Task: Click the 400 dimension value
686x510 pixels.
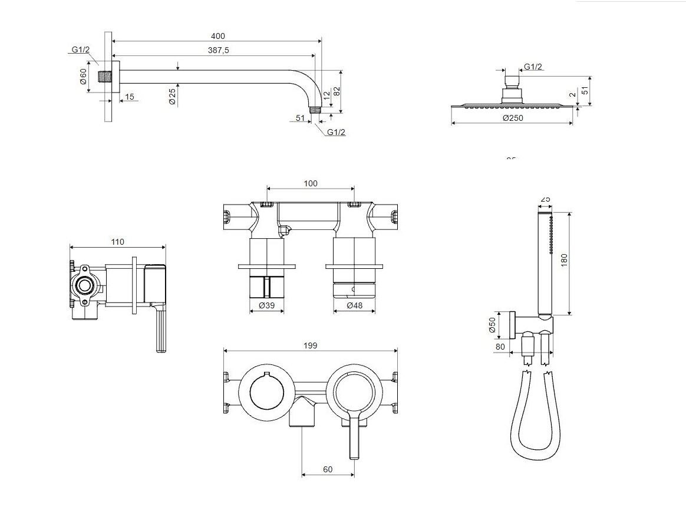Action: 217,37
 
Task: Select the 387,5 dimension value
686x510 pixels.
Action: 218,51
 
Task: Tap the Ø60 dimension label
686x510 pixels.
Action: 83,77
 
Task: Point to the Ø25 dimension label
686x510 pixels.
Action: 172,96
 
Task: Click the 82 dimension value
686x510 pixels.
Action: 337,91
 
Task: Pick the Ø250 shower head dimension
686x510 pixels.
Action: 513,118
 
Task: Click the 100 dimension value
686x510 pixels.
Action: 311,183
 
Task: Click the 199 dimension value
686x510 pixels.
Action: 311,346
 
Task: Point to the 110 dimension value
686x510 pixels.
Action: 117,242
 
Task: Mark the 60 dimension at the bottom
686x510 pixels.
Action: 328,469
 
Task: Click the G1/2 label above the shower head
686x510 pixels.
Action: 533,67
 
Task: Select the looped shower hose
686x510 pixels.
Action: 532,419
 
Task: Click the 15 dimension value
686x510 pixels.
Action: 130,97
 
